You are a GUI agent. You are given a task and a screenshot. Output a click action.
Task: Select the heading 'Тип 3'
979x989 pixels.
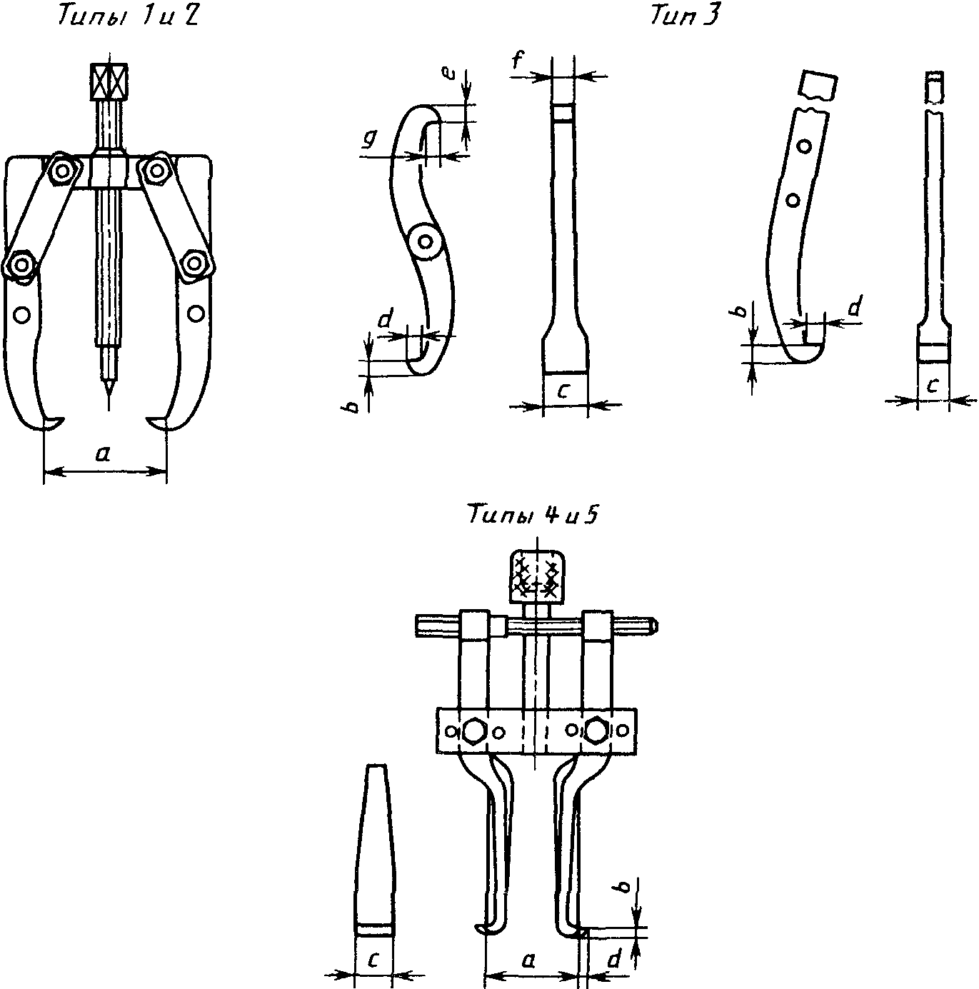(685, 16)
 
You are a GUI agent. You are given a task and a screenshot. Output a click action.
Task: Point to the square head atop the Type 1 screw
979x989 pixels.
(109, 81)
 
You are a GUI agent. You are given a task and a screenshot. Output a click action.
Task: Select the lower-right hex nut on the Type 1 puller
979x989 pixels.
(194, 263)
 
